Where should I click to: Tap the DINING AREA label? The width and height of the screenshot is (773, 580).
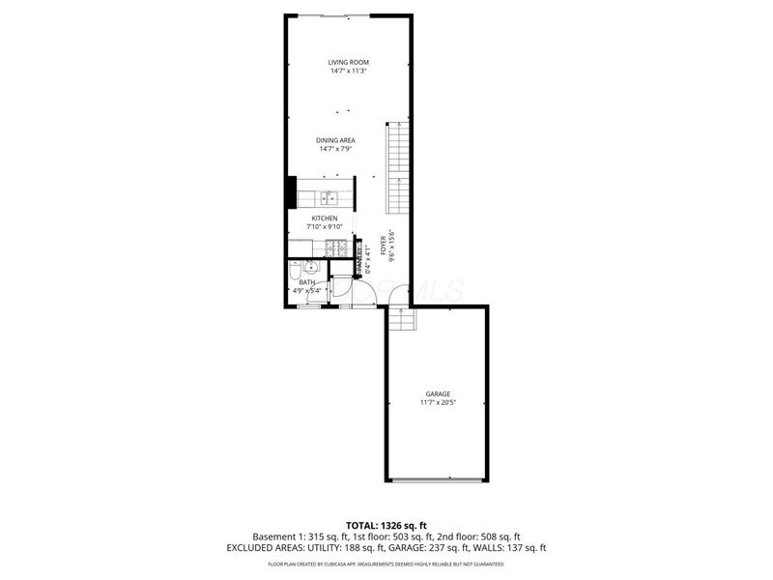[335, 140]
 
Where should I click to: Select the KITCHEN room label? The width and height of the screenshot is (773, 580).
[324, 218]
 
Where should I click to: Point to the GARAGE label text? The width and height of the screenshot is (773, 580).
[438, 393]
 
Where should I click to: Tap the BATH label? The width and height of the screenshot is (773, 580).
[306, 281]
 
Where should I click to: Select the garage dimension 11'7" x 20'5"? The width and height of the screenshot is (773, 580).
[438, 402]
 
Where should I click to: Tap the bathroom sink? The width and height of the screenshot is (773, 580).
[312, 269]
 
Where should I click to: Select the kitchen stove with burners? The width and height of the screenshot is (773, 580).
[339, 248]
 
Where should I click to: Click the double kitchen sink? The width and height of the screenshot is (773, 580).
[329, 198]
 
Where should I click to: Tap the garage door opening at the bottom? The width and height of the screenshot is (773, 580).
[438, 480]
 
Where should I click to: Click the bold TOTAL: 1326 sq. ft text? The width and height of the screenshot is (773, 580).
[386, 526]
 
